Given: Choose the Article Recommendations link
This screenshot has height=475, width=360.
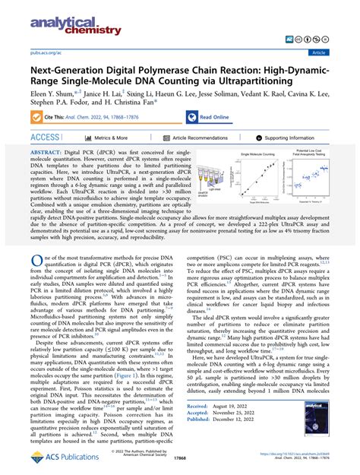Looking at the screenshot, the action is coord(199,138).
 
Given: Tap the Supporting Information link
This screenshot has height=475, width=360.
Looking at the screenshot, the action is coord(292,138).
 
